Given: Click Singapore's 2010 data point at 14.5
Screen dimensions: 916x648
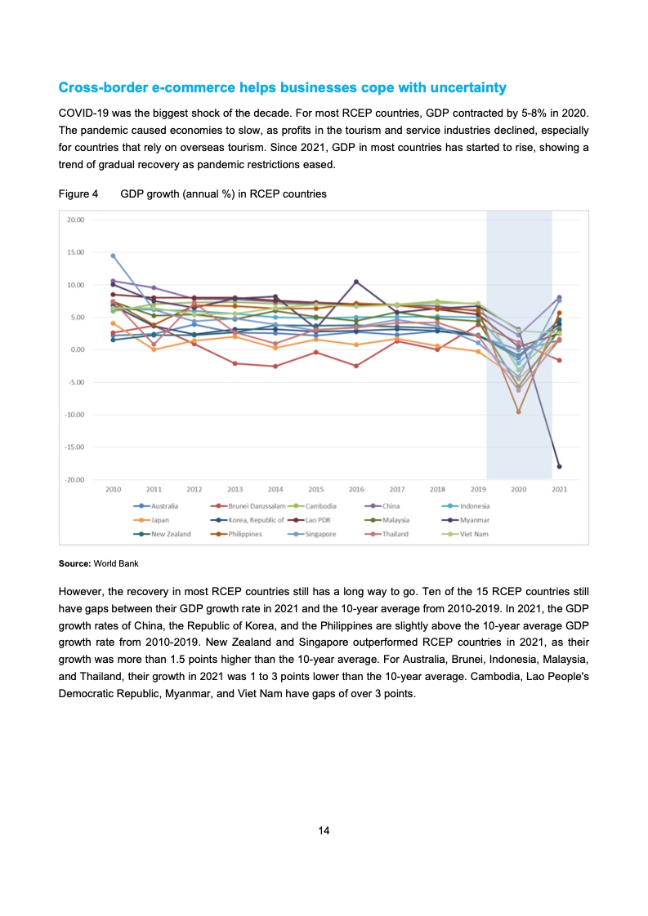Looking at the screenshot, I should pyautogui.click(x=114, y=256).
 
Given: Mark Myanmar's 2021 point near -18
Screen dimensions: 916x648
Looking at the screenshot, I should pyautogui.click(x=560, y=466).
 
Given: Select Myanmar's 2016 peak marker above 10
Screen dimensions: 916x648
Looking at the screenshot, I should pyautogui.click(x=356, y=282).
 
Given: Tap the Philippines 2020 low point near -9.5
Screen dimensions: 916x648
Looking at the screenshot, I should pyautogui.click(x=519, y=411).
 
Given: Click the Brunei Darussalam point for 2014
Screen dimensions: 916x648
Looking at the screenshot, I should pyautogui.click(x=275, y=367).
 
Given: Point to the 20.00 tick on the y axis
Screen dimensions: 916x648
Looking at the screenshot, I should pyautogui.click(x=76, y=220).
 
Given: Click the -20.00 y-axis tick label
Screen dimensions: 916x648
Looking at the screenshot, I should pyautogui.click(x=75, y=479).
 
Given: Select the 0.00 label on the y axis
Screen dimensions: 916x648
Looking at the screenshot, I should pyautogui.click(x=78, y=349).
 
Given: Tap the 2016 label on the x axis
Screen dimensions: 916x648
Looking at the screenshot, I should pyautogui.click(x=356, y=489).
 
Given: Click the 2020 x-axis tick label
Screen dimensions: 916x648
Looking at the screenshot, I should pyautogui.click(x=519, y=489).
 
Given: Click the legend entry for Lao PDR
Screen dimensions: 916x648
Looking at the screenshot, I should pyautogui.click(x=316, y=519).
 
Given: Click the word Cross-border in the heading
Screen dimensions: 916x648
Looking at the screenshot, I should pyautogui.click(x=96, y=87).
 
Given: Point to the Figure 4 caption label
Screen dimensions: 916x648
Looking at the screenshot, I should pyautogui.click(x=78, y=194).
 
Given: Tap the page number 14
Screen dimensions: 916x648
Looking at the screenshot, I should pyautogui.click(x=324, y=830).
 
